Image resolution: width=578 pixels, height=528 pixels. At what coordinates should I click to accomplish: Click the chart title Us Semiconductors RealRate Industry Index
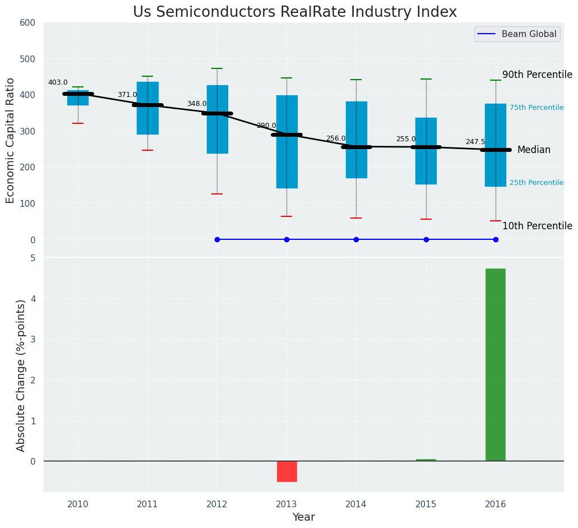(294, 12)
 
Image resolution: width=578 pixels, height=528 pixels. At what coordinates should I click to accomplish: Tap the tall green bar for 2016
(495, 364)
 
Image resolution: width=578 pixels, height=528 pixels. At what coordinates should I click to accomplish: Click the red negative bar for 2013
(286, 471)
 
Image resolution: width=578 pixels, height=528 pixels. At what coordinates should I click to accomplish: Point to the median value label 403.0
(58, 82)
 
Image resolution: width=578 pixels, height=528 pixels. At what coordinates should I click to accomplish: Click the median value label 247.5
(475, 142)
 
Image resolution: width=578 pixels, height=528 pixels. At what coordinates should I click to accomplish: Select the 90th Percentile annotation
(537, 75)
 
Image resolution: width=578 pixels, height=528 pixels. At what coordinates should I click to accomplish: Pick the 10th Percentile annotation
(537, 226)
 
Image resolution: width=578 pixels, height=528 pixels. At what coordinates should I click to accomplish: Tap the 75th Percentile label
(537, 108)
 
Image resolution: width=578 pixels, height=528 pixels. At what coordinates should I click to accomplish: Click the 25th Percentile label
(537, 183)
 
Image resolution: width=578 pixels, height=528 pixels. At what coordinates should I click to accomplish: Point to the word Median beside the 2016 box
(534, 150)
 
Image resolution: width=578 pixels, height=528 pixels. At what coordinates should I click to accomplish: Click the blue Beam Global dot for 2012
(217, 239)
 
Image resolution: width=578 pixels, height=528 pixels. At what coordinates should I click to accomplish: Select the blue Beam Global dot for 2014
(356, 239)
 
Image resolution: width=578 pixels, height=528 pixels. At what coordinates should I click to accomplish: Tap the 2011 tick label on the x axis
(147, 504)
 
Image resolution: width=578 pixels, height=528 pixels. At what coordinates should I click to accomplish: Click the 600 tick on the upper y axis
(27, 22)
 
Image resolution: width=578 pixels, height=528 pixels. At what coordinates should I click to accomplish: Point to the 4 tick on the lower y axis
(33, 299)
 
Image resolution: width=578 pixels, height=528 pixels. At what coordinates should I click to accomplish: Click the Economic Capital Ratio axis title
(11, 140)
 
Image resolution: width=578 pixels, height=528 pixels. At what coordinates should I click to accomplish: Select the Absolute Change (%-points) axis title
(21, 375)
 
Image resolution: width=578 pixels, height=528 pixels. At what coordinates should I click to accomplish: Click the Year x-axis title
(303, 517)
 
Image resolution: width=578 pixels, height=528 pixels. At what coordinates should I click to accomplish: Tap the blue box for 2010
(78, 98)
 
